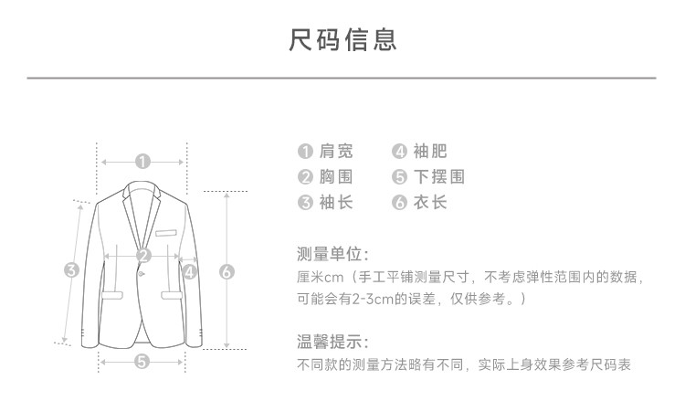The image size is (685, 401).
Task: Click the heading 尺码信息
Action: click(342, 40)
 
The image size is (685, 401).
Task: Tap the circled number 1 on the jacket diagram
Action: click(142, 162)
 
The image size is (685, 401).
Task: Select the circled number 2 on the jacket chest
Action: click(143, 256)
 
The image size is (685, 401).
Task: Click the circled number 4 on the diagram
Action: click(189, 270)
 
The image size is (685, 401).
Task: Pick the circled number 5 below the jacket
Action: click(142, 362)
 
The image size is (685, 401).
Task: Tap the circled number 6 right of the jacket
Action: click(227, 270)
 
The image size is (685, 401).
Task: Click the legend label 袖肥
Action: click(429, 152)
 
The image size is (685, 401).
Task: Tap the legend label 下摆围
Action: click(438, 177)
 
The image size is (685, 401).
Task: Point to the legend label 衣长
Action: click(429, 203)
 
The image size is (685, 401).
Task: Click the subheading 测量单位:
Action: click(332, 253)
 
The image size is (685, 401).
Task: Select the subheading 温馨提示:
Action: click(332, 343)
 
